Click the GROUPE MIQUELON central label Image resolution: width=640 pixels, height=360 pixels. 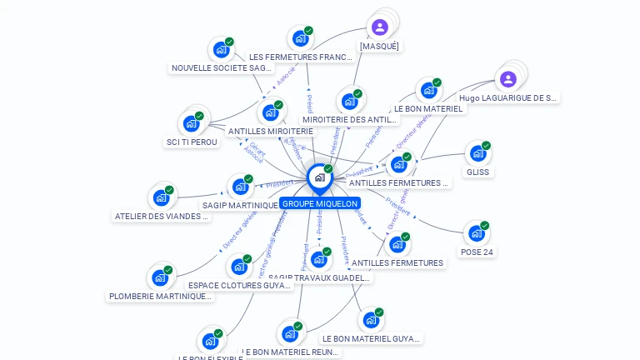(x=320, y=203)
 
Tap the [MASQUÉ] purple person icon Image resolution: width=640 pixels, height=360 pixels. (x=380, y=27)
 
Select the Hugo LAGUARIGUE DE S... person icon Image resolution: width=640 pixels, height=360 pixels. (x=507, y=79)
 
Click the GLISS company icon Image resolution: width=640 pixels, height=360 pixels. (x=477, y=153)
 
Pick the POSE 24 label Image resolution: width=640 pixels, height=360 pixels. (x=477, y=252)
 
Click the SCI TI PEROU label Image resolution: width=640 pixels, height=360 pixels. (x=192, y=142)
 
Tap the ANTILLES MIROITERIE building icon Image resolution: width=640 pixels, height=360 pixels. (x=269, y=112)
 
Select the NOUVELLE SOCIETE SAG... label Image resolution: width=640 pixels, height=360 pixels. (x=221, y=68)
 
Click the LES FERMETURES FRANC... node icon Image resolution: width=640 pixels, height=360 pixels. (x=300, y=38)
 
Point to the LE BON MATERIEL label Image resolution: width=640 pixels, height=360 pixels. (x=428, y=108)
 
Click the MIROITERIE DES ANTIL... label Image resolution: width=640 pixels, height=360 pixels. (x=350, y=119)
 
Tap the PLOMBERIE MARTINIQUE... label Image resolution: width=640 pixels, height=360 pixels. (x=160, y=296)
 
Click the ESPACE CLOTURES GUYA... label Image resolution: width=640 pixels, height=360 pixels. (x=240, y=285)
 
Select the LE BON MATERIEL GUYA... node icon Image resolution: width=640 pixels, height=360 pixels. (x=370, y=320)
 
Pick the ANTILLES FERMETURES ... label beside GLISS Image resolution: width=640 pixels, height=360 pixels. (x=398, y=182)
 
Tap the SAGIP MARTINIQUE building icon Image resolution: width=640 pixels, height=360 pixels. (x=239, y=187)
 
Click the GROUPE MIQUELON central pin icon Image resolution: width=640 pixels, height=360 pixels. (x=319, y=177)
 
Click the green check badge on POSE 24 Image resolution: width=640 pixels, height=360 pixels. (x=484, y=226)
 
